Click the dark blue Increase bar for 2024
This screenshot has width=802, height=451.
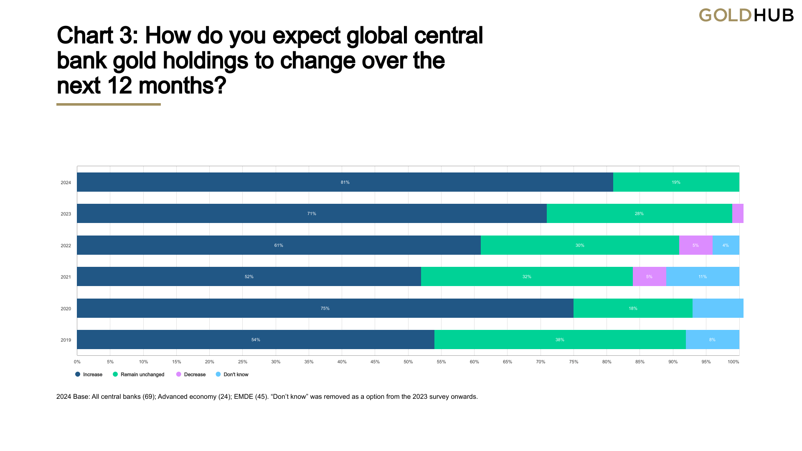345,182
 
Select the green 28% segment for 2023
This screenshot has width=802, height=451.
639,213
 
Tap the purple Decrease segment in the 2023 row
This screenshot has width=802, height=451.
738,213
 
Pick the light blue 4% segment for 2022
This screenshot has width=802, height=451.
726,245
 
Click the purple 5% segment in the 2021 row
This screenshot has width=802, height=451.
649,276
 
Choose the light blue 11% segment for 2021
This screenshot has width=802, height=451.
703,276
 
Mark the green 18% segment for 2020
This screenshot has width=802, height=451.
633,308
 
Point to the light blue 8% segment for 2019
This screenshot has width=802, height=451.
712,340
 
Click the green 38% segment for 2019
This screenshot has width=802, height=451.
560,340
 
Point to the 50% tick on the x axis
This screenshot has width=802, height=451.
408,362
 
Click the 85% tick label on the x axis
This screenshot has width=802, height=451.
640,362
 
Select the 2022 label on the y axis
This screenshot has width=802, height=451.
66,246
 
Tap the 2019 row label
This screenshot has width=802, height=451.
66,340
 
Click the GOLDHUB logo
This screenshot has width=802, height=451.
746,15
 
